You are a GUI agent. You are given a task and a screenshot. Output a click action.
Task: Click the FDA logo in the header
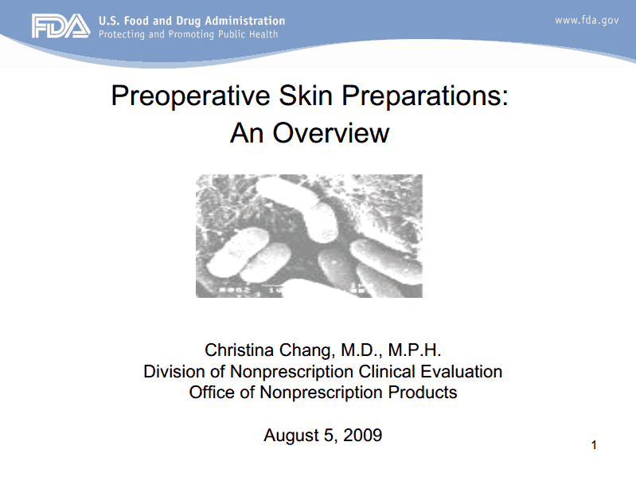click(60, 27)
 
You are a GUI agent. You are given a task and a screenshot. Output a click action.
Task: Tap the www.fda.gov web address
click(586, 20)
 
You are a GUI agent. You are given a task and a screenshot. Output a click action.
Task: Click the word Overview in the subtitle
click(331, 132)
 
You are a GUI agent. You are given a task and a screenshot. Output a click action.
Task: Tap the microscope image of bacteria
click(309, 236)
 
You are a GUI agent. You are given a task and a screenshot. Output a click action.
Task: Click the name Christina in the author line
click(241, 350)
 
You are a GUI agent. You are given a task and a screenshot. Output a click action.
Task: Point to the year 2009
click(363, 436)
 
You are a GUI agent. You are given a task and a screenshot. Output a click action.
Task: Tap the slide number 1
click(594, 444)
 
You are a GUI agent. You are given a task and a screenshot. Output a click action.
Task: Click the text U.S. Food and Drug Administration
click(191, 20)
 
